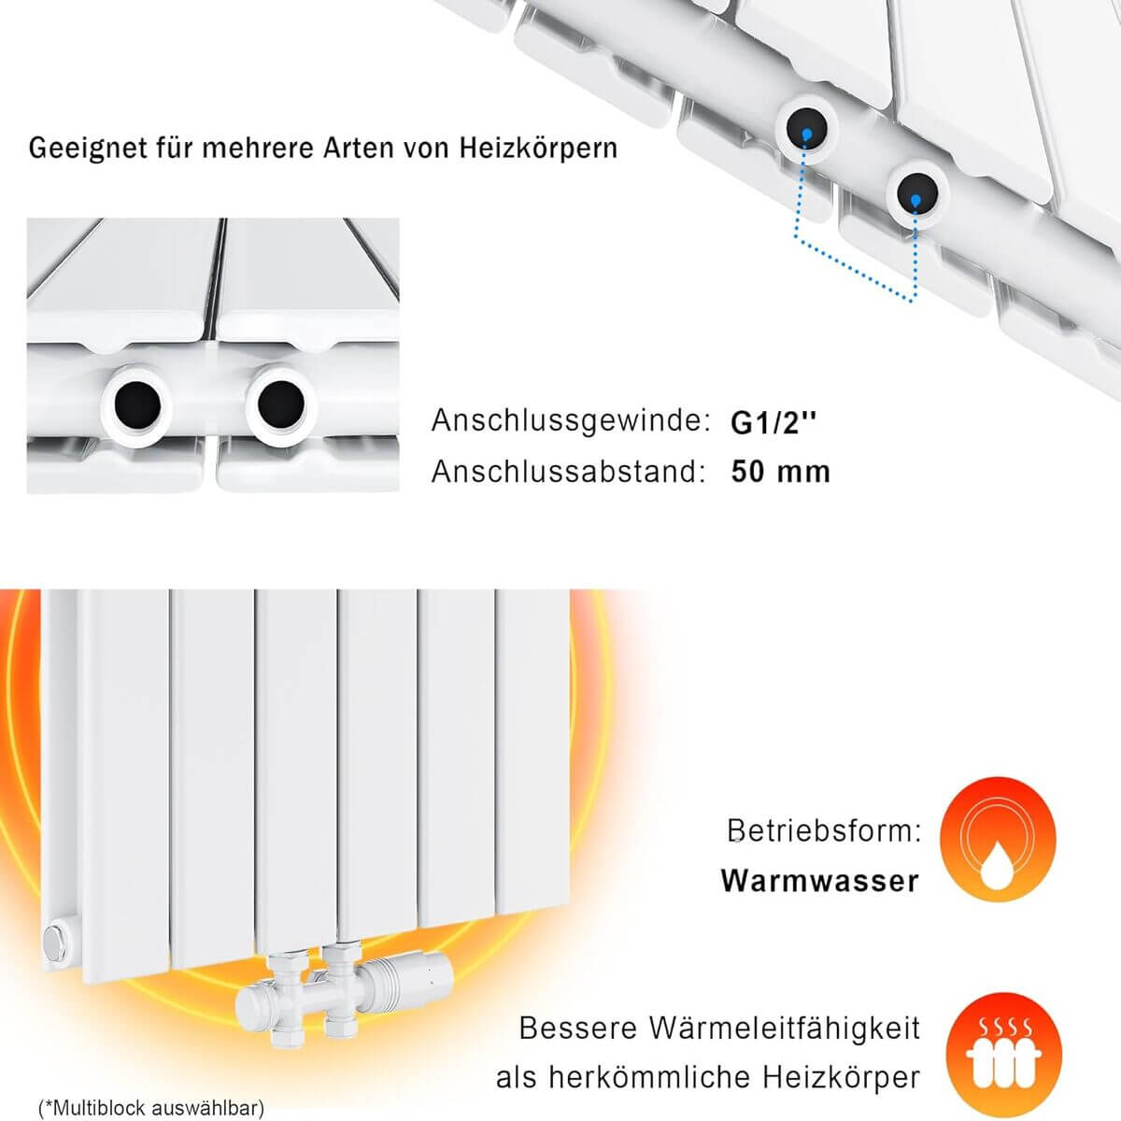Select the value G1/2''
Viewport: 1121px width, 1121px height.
(773, 423)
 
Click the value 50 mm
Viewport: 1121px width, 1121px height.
(781, 472)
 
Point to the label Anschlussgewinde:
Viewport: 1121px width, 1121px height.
(571, 421)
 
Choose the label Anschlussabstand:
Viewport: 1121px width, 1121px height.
(568, 472)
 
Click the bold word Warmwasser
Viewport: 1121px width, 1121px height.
(819, 881)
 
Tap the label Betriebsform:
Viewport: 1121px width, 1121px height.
(824, 830)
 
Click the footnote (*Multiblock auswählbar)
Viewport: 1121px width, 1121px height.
(150, 1107)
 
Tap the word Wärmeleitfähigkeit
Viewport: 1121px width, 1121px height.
(784, 1029)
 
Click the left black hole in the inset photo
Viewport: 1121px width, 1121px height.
(137, 404)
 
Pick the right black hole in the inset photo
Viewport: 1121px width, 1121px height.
(281, 404)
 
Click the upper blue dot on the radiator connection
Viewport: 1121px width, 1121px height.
(806, 135)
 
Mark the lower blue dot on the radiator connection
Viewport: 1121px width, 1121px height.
(915, 201)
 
